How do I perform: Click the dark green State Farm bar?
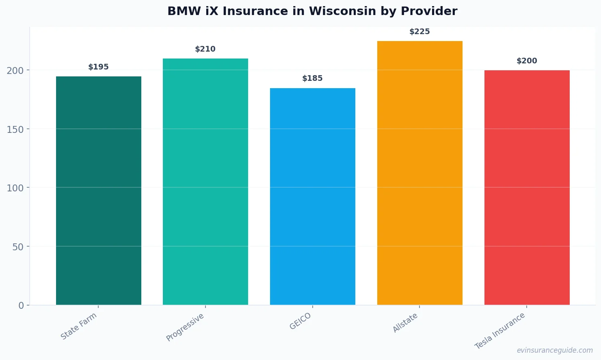pos(99,191)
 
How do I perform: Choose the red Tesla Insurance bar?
pos(527,187)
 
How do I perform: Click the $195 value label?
pos(99,67)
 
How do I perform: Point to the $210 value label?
pos(205,49)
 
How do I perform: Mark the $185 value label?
pos(313,78)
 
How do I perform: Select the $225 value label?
pos(420,32)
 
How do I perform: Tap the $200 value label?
pos(527,61)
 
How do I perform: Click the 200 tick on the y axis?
pos(15,71)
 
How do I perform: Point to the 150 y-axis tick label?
pos(15,129)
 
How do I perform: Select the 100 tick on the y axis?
pos(15,188)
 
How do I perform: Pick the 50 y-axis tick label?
pos(18,247)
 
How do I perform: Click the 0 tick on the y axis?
pos(21,306)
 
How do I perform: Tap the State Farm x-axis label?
pos(79,326)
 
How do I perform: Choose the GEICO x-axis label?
pos(300,321)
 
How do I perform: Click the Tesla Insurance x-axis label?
pos(500,331)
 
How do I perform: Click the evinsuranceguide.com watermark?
pos(555,350)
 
